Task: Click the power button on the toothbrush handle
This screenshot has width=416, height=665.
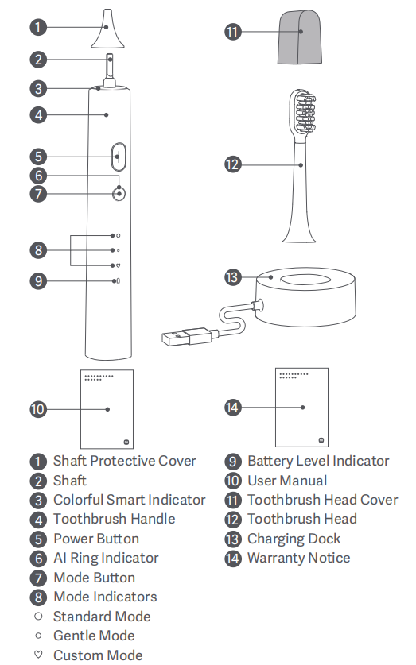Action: [119, 157]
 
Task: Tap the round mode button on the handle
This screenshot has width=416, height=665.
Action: [119, 194]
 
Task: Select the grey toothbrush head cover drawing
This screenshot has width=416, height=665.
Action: [300, 37]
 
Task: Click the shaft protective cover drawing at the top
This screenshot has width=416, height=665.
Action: [108, 29]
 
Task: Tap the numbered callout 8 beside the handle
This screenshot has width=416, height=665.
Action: [39, 250]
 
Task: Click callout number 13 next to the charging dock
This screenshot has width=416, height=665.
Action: [232, 278]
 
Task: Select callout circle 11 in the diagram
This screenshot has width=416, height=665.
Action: [232, 32]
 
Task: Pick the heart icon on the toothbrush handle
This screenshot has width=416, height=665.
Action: [119, 265]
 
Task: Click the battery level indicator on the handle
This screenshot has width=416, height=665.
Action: [118, 280]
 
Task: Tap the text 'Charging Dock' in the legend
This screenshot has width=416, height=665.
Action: [294, 539]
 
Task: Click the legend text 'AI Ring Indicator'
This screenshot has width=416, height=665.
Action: [106, 558]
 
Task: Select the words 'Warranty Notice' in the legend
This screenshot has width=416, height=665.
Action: [299, 558]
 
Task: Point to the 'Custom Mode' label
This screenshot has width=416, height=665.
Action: [98, 655]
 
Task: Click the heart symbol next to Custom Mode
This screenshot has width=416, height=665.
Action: [38, 655]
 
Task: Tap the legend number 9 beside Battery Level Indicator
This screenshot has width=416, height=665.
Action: [232, 462]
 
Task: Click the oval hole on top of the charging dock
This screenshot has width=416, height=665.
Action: [305, 280]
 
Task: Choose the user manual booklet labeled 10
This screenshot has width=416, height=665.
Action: [107, 409]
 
